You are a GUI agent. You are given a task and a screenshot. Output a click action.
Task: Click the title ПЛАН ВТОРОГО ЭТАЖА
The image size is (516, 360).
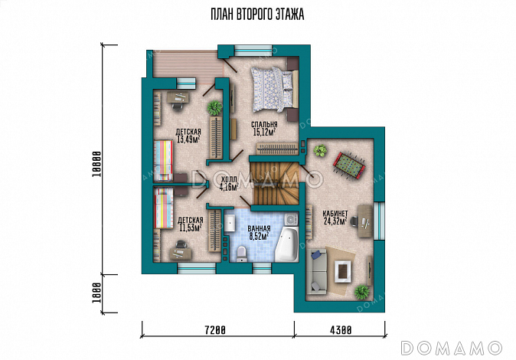pyautogui.click(x=257, y=15)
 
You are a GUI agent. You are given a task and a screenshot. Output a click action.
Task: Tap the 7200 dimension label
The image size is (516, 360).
pyautogui.click(x=215, y=329)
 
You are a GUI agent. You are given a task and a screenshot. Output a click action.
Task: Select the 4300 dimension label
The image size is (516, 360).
pyautogui.click(x=341, y=329)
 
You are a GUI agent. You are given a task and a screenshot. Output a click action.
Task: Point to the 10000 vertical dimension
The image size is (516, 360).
pyautogui.click(x=96, y=164)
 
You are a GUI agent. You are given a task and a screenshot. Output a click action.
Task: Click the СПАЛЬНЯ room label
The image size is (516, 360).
pyautogui.click(x=264, y=125)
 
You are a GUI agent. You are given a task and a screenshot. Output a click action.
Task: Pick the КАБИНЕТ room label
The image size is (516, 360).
pyautogui.click(x=335, y=214)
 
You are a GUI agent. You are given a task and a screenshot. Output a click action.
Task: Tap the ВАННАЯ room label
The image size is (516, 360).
pyautogui.click(x=259, y=228)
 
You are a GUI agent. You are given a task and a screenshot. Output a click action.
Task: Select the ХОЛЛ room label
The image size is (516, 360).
pyautogui.click(x=229, y=179)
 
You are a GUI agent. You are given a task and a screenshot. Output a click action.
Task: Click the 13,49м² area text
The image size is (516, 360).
pyautogui.click(x=188, y=139)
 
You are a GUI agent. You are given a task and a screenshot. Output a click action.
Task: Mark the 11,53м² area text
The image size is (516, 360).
pyautogui.click(x=190, y=227)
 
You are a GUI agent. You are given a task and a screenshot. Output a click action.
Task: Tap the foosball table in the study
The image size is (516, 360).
pyautogui.click(x=349, y=164)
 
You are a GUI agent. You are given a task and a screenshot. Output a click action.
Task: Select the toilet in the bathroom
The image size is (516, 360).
pyautogui.click(x=242, y=254)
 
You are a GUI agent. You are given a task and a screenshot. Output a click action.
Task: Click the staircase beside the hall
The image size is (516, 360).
pyautogui.click(x=274, y=184)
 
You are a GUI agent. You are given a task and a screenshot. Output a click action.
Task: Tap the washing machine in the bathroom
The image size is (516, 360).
pyautogui.click(x=291, y=219)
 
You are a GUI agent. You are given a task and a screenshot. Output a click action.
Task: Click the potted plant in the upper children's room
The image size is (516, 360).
pyautogui.click(x=215, y=107)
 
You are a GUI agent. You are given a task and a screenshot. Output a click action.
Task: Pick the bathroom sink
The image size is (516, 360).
pyautogui.click(x=230, y=223)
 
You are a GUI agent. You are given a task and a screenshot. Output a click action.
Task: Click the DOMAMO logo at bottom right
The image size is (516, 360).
pyautogui.click(x=452, y=349)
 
